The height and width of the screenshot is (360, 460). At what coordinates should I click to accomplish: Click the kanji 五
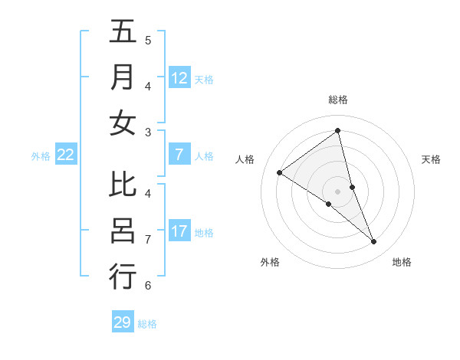(123, 32)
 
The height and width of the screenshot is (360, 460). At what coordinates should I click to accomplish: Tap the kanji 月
(123, 77)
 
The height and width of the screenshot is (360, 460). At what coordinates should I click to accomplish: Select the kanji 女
(123, 123)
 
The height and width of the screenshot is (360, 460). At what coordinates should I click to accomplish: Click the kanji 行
(123, 276)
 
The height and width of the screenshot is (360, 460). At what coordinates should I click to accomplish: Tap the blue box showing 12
(179, 78)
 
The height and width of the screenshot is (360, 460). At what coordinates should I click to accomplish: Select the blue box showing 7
(179, 155)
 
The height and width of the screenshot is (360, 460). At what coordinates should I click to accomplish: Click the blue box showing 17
(179, 231)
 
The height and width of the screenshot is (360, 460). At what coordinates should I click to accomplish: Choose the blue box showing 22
(66, 155)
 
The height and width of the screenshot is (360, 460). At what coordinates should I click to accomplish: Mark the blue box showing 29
(123, 322)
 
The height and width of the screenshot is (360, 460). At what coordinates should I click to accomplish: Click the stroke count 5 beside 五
(148, 40)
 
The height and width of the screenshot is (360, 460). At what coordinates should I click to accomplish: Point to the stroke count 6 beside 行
(148, 286)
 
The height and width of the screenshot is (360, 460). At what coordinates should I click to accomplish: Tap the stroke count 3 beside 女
(148, 133)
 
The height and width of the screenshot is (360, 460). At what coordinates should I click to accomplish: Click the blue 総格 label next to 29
(147, 324)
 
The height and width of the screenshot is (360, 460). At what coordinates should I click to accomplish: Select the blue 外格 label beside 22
(41, 156)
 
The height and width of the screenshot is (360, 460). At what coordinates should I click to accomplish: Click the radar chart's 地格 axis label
(402, 263)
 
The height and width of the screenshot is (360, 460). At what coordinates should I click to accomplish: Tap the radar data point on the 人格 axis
(279, 172)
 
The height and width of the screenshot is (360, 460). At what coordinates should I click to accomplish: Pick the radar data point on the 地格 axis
(374, 242)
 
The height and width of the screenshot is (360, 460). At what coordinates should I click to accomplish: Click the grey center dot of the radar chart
(337, 191)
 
